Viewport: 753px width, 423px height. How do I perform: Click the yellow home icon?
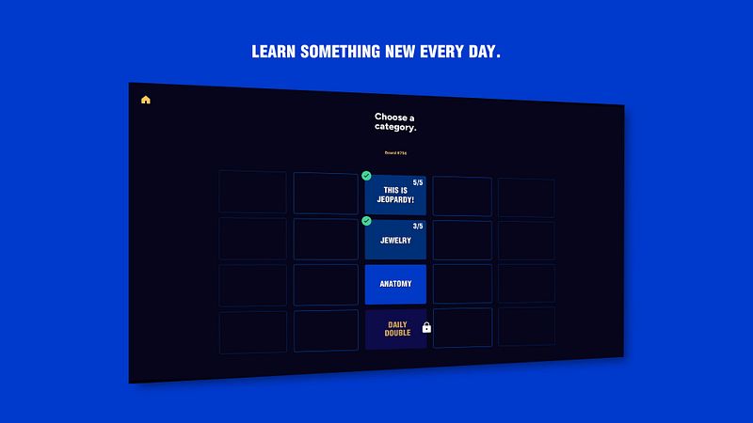click(146, 100)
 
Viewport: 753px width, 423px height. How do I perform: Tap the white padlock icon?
click(426, 328)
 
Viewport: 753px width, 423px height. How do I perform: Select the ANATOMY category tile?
click(395, 284)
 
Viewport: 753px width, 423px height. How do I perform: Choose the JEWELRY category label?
click(395, 241)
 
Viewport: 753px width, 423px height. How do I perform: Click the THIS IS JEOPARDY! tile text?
click(395, 195)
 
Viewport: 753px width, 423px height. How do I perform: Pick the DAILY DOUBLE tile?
click(396, 329)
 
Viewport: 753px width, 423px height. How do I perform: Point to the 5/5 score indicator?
click(418, 182)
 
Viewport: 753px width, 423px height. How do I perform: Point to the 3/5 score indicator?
click(418, 227)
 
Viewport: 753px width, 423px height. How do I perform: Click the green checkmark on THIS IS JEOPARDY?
click(366, 176)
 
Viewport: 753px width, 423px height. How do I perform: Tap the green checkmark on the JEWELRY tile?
click(366, 221)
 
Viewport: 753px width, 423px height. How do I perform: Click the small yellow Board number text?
click(395, 152)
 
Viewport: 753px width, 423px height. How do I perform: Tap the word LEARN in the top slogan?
click(273, 52)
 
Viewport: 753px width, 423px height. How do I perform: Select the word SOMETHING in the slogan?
click(340, 52)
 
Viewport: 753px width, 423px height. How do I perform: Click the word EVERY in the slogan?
click(445, 52)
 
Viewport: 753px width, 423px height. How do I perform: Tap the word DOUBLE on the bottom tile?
click(397, 333)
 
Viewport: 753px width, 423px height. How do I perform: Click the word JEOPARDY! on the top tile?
click(395, 199)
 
